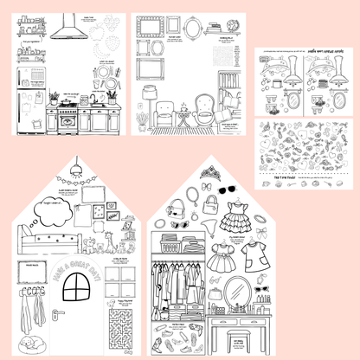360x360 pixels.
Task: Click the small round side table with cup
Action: tap(183, 116)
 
